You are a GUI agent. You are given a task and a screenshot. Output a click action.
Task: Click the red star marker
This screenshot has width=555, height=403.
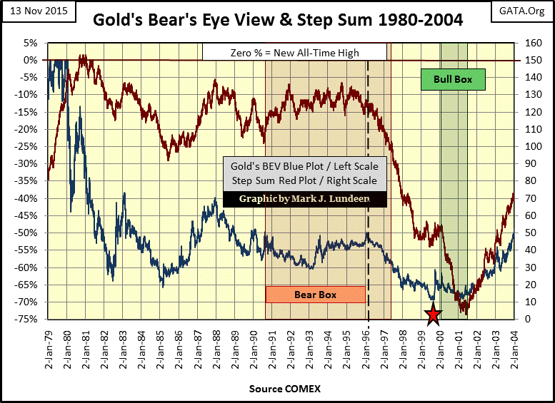pos(433,315)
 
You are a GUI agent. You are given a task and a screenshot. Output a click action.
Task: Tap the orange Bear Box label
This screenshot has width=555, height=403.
pos(315,294)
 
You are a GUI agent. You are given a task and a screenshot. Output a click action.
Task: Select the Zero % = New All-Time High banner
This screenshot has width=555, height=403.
pos(294,52)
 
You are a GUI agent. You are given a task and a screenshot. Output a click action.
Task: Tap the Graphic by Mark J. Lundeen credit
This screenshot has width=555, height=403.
pos(305,199)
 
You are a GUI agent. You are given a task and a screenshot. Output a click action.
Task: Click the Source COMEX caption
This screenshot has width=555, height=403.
pos(284,389)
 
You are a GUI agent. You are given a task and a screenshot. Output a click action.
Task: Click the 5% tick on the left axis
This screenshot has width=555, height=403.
pos(31,43)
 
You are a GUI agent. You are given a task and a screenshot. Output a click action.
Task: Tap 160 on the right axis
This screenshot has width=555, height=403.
pos(529,43)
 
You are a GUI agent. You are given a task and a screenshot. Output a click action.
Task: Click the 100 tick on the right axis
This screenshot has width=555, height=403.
pos(529,146)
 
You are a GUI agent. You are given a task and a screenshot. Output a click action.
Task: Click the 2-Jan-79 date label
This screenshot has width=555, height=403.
pos(49,346)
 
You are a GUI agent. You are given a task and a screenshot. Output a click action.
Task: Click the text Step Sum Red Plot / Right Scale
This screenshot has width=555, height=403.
pos(305,180)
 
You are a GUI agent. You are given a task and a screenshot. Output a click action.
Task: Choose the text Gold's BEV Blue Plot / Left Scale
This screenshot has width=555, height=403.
pos(305,166)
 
